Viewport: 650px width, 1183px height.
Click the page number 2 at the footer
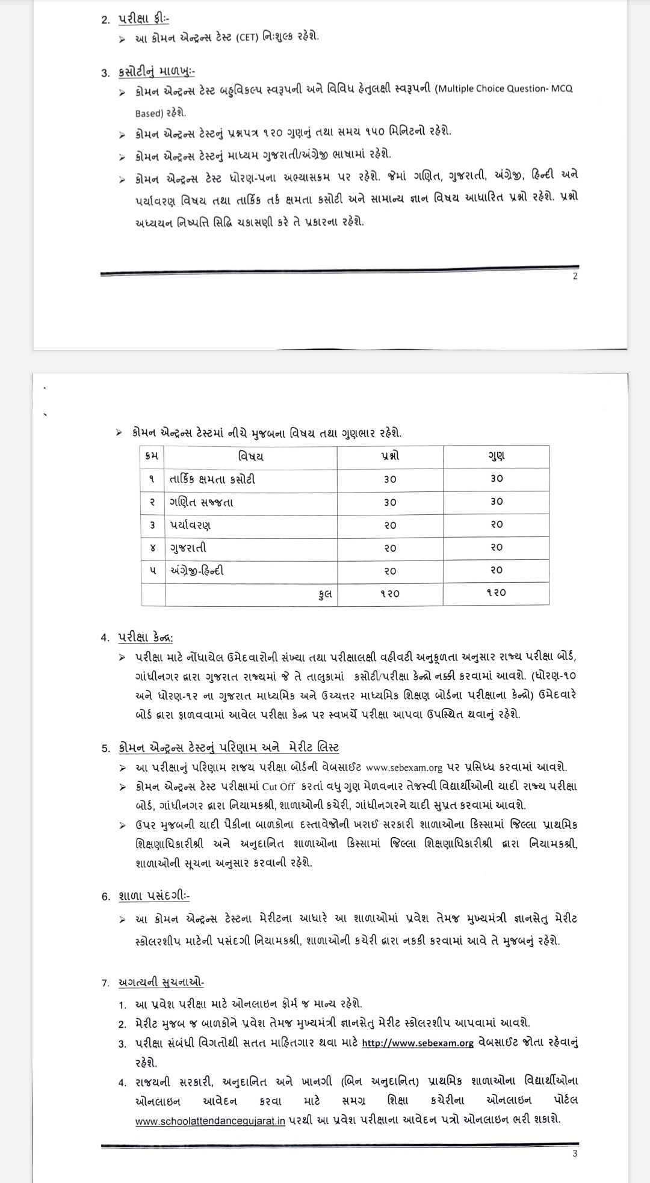(x=575, y=277)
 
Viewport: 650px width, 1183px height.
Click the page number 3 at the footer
(x=575, y=1153)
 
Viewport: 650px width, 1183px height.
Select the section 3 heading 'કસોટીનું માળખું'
(x=155, y=72)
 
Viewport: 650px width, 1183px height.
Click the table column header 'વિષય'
(x=250, y=456)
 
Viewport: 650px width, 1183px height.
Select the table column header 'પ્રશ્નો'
(x=389, y=456)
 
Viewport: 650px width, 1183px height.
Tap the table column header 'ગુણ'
(x=496, y=456)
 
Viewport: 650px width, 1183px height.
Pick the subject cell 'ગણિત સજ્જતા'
(x=202, y=502)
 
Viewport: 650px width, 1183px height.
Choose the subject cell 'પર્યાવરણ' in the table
(x=190, y=525)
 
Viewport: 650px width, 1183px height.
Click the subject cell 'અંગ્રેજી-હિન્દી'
(x=197, y=570)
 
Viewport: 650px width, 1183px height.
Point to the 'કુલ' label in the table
(x=326, y=594)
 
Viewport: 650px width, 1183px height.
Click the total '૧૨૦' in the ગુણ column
(x=496, y=593)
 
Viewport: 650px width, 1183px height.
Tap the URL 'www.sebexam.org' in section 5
(x=404, y=767)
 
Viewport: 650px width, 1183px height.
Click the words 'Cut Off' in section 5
(x=278, y=787)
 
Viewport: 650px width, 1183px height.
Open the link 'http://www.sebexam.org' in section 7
(x=418, y=1042)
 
